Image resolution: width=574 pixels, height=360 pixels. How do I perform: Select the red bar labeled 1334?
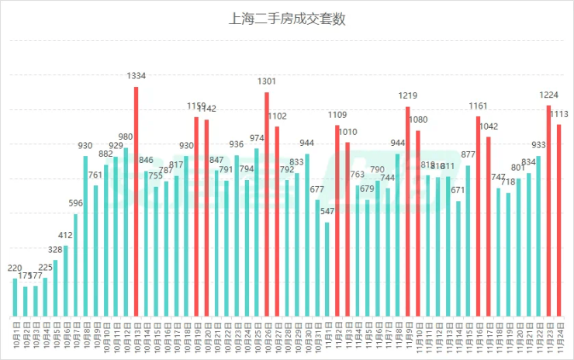[136, 202]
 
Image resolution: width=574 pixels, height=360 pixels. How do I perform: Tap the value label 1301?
[267, 81]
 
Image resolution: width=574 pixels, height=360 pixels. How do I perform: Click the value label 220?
[15, 268]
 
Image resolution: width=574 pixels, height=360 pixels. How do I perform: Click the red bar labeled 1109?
[337, 221]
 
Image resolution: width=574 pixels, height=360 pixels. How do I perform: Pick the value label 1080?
[418, 119]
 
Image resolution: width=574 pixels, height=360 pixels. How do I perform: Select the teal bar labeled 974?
[257, 233]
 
